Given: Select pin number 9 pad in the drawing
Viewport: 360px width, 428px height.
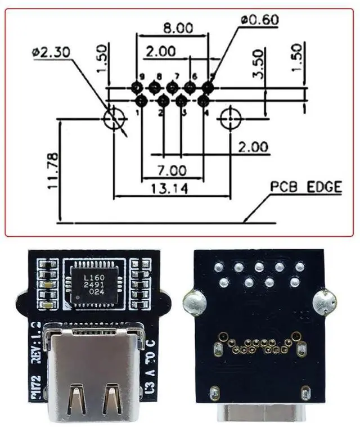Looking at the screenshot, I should point(137,87).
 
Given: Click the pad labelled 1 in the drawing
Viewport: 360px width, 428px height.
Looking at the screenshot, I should point(141,101).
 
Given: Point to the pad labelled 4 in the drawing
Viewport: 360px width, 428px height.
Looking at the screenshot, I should point(204,101).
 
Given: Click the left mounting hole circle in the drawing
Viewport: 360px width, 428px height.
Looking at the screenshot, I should point(115,119).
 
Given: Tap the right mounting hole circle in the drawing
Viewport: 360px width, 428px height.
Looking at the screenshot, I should point(230,119).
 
